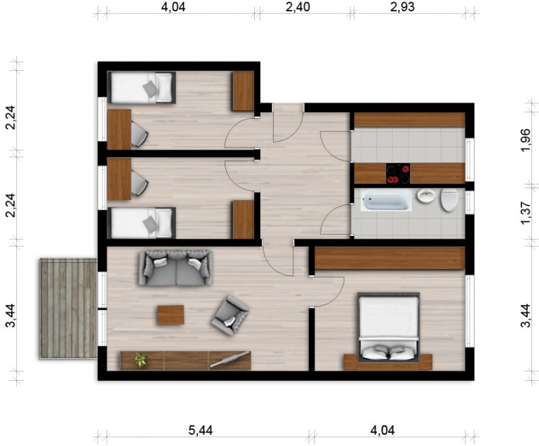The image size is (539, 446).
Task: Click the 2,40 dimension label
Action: tap(298, 7)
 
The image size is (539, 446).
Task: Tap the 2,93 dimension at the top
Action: tap(402, 7)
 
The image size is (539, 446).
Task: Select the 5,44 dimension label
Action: tap(201, 431)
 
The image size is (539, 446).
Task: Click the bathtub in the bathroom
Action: tap(386, 199)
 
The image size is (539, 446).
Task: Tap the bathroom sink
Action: tap(426, 196)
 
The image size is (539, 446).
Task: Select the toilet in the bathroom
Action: tap(449, 200)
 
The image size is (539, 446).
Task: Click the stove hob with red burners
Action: tap(398, 173)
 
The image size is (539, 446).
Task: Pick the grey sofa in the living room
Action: tap(175, 268)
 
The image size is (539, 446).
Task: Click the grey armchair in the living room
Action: tap(230, 314)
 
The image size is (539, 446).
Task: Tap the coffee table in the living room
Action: tap(171, 315)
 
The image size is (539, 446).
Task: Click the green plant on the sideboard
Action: tap(140, 360)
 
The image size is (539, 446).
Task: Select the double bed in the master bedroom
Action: tap(389, 327)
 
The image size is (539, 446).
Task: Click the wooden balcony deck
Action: tap(68, 309)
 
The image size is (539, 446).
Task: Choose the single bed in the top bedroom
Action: tap(142, 87)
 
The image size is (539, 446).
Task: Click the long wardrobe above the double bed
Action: tap(390, 258)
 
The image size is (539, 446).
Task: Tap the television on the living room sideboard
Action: tap(229, 359)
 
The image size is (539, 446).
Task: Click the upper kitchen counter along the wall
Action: tap(410, 120)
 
